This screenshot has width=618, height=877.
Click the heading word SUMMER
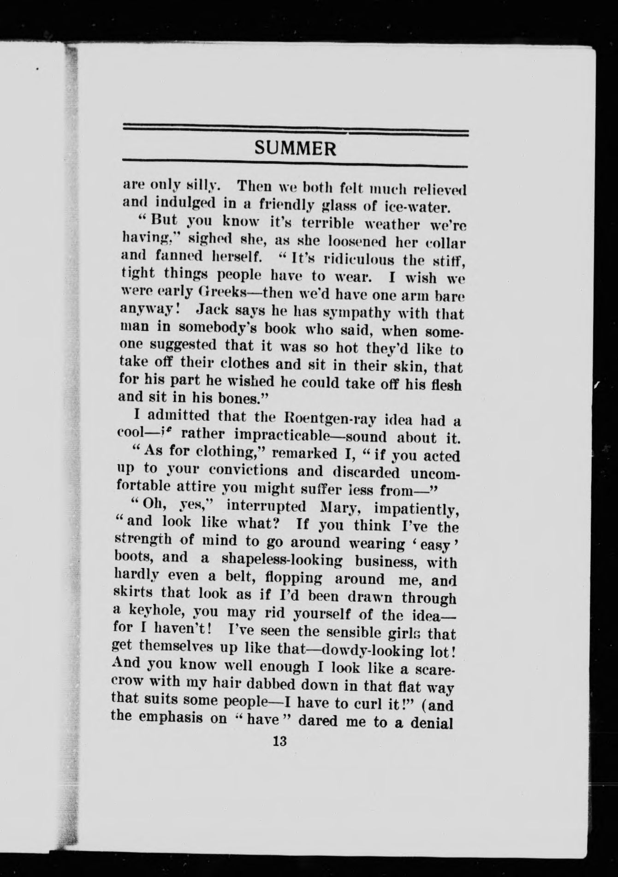295,149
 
